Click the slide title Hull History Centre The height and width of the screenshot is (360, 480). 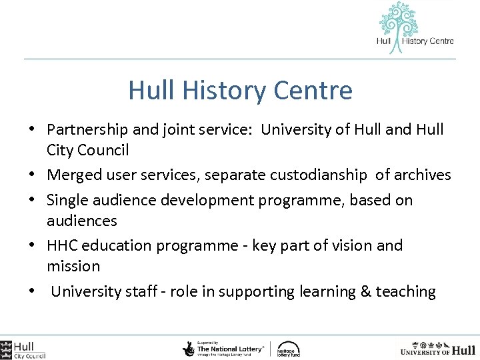click(240, 90)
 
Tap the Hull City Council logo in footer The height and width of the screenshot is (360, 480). click(23, 349)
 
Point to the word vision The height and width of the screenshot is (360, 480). click(349, 245)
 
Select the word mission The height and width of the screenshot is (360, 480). click(73, 266)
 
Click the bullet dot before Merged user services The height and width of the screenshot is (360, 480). click(33, 175)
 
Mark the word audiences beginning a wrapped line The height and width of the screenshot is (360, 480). click(81, 221)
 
